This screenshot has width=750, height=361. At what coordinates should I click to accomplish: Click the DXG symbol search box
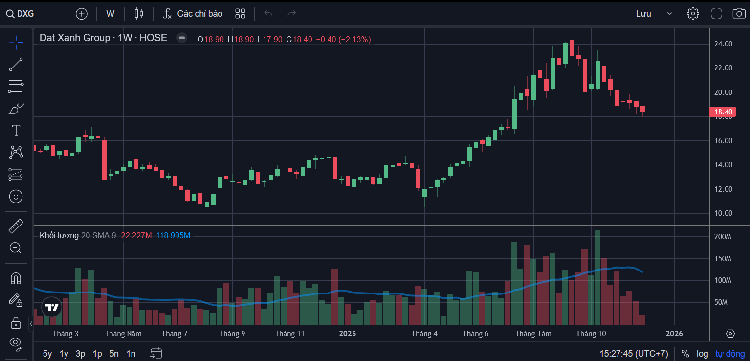pos(21,14)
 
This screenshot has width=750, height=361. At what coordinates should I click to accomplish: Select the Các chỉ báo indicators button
pos(193,14)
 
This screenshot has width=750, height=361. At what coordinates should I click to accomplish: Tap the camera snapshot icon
pos(739,14)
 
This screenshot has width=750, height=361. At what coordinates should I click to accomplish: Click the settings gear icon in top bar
pos(693,14)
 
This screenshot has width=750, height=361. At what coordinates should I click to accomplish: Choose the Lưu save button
pos(643,14)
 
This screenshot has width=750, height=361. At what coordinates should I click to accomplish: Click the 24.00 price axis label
pos(723,44)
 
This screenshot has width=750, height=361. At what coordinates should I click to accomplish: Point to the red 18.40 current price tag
pos(723,112)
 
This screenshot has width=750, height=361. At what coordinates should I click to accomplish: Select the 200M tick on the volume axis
pos(722,237)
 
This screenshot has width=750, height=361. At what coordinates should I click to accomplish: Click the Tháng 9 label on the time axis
pos(232,334)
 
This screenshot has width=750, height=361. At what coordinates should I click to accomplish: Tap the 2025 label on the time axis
pos(348,334)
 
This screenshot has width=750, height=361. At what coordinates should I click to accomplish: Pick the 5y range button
pos(47,353)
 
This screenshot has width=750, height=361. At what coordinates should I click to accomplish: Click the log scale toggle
pos(702,353)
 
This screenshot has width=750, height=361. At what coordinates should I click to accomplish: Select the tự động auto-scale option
pos(729,353)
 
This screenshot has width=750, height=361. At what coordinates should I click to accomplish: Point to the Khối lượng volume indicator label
pos(59,236)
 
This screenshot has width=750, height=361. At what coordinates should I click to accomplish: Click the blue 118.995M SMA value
pos(173,236)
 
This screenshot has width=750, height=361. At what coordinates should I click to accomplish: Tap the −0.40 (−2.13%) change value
pos(343,39)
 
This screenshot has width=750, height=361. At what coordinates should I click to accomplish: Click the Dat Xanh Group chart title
pos(75,38)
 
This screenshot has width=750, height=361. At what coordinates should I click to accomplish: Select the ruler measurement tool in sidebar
pos(16,226)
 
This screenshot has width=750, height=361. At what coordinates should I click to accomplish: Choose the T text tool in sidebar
pos(16,130)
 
